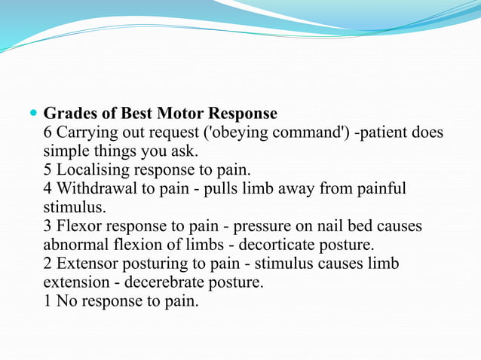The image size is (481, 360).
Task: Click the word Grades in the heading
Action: (x=70, y=114)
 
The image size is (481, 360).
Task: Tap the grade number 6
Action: (x=48, y=133)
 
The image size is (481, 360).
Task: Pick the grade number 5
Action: (x=48, y=169)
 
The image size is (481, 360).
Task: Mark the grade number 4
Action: (x=48, y=188)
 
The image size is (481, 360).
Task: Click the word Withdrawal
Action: (x=95, y=188)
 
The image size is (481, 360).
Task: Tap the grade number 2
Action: (x=48, y=264)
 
